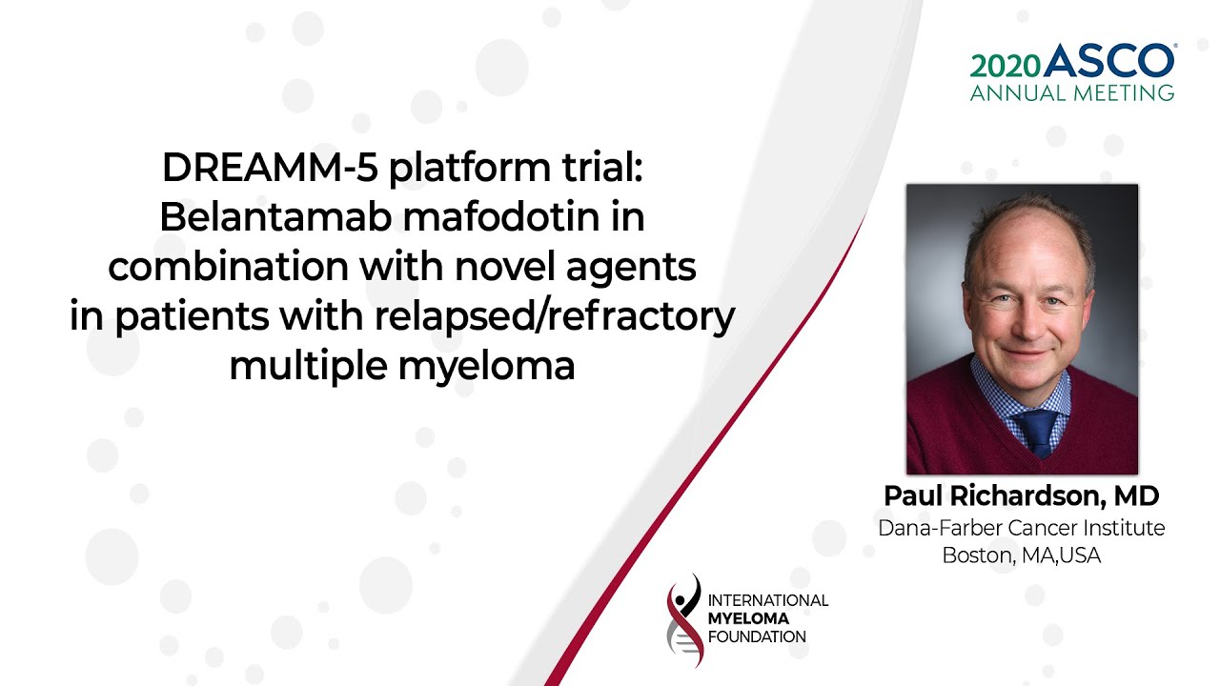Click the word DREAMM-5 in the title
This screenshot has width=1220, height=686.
click(270, 167)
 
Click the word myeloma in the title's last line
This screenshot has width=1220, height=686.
click(486, 368)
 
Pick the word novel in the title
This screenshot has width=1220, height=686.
click(500, 266)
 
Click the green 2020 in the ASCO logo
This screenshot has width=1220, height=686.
click(1006, 67)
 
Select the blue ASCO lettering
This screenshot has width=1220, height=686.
click(1108, 60)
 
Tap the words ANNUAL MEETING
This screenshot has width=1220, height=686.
click(1072, 92)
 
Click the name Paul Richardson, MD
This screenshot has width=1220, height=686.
click(1021, 495)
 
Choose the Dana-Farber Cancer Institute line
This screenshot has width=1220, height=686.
click(1021, 528)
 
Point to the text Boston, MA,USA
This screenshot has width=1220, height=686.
click(1021, 555)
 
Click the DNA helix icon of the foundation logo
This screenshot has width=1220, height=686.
click(684, 620)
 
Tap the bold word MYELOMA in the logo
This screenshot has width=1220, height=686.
click(748, 618)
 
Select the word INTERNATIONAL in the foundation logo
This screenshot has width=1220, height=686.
click(768, 600)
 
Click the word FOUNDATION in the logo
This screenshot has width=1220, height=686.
click(757, 636)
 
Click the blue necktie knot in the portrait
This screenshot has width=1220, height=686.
click(1038, 422)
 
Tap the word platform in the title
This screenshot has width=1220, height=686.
click(470, 169)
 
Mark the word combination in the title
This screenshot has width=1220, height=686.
click(228, 266)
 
